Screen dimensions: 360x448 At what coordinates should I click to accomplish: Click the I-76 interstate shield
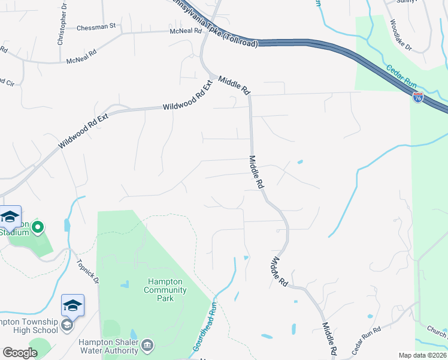(418, 97)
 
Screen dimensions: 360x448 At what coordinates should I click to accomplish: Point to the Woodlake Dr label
(401, 35)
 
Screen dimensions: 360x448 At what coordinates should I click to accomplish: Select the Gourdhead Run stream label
(204, 326)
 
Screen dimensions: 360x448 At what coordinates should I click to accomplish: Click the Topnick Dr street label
(87, 271)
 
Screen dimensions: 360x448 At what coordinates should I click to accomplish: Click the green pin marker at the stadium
(37, 227)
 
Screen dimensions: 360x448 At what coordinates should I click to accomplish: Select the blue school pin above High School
(72, 306)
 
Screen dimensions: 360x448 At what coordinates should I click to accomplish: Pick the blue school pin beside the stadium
(10, 217)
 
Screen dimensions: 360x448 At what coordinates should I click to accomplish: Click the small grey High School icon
(68, 325)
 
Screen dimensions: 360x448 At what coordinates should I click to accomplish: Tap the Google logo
(20, 353)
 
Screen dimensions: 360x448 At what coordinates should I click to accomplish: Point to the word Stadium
(14, 232)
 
